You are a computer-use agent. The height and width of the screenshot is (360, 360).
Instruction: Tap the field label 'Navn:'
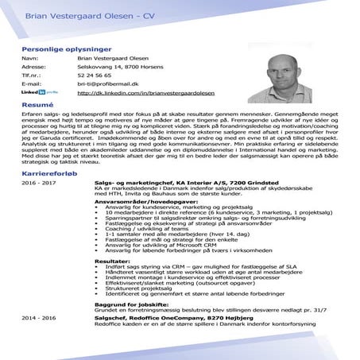click(x=29, y=58)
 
